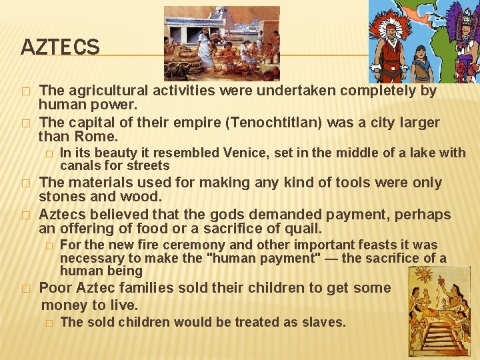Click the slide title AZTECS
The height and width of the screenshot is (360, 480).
point(60,47)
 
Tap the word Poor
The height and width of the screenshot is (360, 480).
point(55,288)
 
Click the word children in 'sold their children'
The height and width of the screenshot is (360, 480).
point(263,288)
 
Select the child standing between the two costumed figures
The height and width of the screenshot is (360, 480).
point(421,63)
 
